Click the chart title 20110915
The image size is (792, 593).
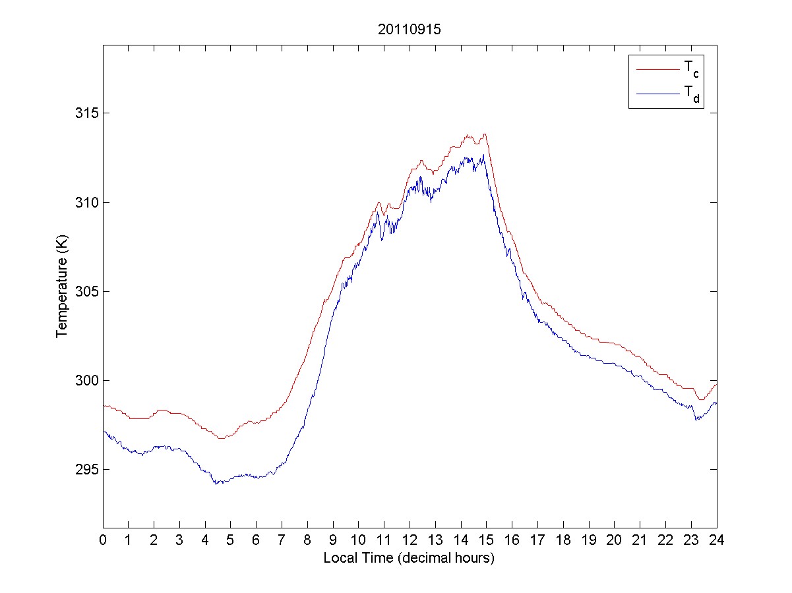coord(410,30)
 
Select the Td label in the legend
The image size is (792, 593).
coord(692,96)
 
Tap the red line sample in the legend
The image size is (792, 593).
coord(657,69)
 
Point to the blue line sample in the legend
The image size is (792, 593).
coord(657,95)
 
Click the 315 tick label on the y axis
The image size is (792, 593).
coord(86,113)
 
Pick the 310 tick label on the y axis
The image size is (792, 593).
coord(86,202)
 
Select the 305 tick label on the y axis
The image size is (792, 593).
coord(86,291)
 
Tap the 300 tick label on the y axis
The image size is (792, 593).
coord(86,381)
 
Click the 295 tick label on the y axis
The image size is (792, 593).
coord(86,470)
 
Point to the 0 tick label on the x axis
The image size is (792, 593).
coord(103,540)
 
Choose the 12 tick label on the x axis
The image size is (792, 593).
coord(410,540)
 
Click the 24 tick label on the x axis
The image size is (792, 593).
coord(717,540)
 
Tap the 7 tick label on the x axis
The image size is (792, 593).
coord(282,540)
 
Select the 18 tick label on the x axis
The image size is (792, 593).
coord(563,540)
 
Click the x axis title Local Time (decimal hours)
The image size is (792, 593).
coord(410,558)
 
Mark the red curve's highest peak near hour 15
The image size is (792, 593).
coord(485,134)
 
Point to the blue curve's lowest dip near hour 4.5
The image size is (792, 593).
coord(215,484)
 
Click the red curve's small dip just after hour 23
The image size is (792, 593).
coord(701,399)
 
